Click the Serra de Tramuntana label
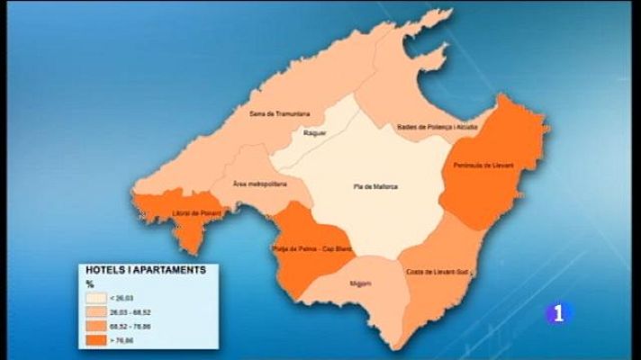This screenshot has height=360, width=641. pos(280,114)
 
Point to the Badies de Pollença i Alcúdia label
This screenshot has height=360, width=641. pos(438,127)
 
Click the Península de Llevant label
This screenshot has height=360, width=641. pos(483,166)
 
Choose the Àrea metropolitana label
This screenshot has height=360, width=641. pos(259,184)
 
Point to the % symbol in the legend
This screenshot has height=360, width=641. pos(88,283)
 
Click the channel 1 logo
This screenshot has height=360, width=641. pos(558,313)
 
